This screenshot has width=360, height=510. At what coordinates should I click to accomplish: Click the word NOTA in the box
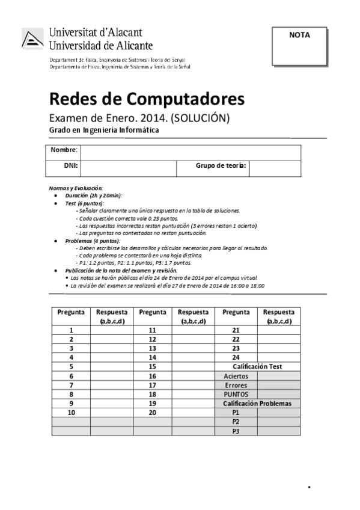click(x=299, y=35)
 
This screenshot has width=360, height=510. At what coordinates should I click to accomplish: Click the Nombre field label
click(x=64, y=150)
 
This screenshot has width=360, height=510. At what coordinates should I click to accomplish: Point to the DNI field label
click(x=72, y=165)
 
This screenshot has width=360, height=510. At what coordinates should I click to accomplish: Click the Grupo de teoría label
click(x=221, y=165)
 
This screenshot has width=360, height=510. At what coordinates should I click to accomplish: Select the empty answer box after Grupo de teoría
click(x=274, y=168)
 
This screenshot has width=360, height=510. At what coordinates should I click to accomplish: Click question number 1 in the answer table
click(x=72, y=330)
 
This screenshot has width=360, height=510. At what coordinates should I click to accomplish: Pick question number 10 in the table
click(x=72, y=413)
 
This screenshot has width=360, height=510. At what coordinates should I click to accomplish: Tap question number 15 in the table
click(x=152, y=366)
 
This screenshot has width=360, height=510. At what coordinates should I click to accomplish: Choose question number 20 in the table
click(x=152, y=413)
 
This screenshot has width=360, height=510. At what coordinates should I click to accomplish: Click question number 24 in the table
click(x=236, y=357)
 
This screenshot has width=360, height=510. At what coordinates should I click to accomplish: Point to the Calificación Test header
click(x=257, y=366)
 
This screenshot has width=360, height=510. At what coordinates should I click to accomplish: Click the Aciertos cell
click(x=236, y=376)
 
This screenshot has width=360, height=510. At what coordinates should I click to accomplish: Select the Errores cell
click(x=236, y=385)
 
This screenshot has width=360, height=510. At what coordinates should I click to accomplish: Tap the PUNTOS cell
click(x=236, y=394)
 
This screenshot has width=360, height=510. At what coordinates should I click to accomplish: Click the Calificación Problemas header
click(x=257, y=404)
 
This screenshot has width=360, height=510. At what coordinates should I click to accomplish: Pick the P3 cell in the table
click(x=236, y=431)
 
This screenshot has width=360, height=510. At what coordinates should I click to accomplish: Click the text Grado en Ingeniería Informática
click(x=104, y=131)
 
